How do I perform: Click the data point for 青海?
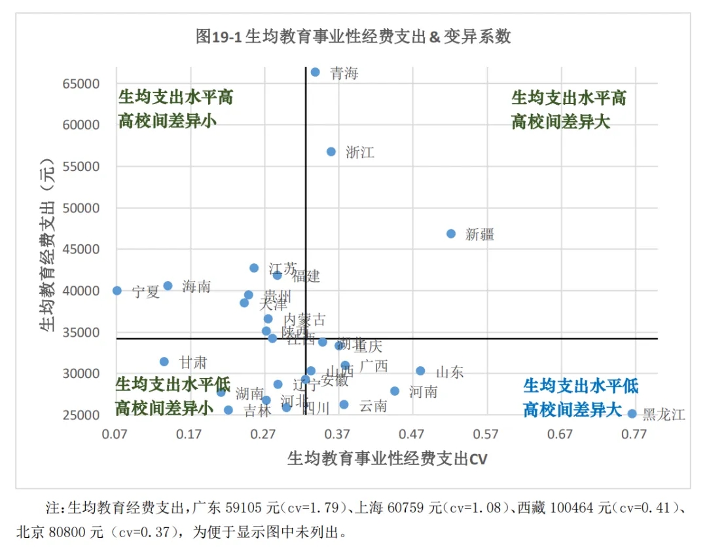pyautogui.click(x=315, y=72)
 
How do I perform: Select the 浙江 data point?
pyautogui.click(x=331, y=151)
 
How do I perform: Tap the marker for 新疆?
pyautogui.click(x=451, y=234)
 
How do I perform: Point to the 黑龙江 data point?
pyautogui.click(x=632, y=414)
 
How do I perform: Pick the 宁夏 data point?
pyautogui.click(x=117, y=291)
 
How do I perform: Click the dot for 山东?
pyautogui.click(x=420, y=371)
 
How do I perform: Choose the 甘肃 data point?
pyautogui.click(x=164, y=362)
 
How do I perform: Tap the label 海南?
pyautogui.click(x=196, y=286)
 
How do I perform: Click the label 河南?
pyautogui.click(x=423, y=392)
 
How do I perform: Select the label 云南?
pyautogui.click(x=373, y=406)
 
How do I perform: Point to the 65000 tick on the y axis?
pyautogui.click(x=81, y=84)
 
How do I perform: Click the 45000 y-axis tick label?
pyautogui.click(x=81, y=250)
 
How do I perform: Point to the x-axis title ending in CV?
pyautogui.click(x=387, y=459)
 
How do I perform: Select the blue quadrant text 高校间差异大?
pyautogui.click(x=571, y=410)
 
